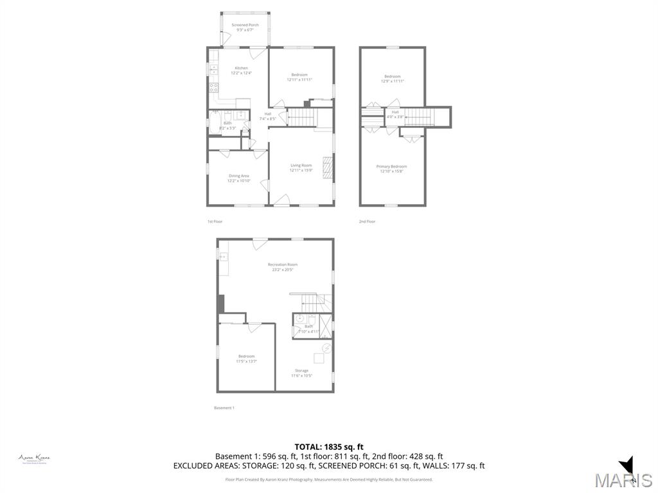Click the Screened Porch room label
coord(245,28)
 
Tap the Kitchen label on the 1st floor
coord(241,71)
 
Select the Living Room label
coord(301,168)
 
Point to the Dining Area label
coord(238,178)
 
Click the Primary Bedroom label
coord(391,169)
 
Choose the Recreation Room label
coord(283,267)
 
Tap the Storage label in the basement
coord(301,373)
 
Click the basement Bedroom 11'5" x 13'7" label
coord(246,359)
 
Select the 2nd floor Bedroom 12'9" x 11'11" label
coord(392,79)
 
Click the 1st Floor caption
coord(215,221)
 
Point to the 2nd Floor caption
coord(367,221)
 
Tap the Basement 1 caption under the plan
coord(224,408)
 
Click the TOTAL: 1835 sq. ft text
coord(329,447)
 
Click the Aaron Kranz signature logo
coord(34,458)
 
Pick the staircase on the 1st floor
coord(300,117)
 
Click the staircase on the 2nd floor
coord(419,117)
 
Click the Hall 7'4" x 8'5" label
coord(267,117)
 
